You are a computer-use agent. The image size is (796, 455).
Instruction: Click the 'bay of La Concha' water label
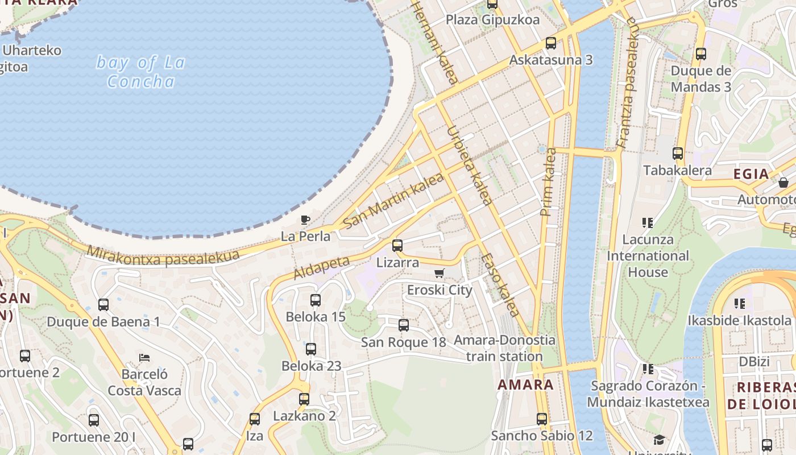tap(140, 72)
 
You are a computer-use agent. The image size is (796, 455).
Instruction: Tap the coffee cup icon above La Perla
tap(305, 220)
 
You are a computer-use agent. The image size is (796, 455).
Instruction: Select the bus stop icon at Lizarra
tap(397, 246)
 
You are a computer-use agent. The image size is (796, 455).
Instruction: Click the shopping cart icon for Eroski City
tap(439, 274)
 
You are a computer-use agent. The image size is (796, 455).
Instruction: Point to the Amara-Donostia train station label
tap(504, 348)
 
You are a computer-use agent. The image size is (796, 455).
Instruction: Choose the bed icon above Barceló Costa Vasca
tap(144, 358)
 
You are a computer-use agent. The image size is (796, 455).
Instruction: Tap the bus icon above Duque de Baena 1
tap(103, 305)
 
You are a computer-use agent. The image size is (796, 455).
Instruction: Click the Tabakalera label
tap(677, 170)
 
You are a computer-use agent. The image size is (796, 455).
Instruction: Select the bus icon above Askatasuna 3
tap(550, 43)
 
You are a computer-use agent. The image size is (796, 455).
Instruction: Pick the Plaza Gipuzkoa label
tap(492, 20)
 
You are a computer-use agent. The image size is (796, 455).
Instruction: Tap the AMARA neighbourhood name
tap(525, 384)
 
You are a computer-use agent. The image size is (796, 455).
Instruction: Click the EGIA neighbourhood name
tap(751, 174)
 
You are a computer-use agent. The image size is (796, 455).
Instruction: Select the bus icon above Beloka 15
tap(316, 300)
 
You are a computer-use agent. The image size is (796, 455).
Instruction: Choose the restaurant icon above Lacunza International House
tap(647, 222)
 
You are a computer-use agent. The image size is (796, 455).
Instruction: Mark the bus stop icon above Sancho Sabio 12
tap(542, 419)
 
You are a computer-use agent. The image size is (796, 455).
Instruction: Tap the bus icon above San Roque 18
tap(404, 325)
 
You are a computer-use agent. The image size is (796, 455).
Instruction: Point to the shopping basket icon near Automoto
tap(783, 183)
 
